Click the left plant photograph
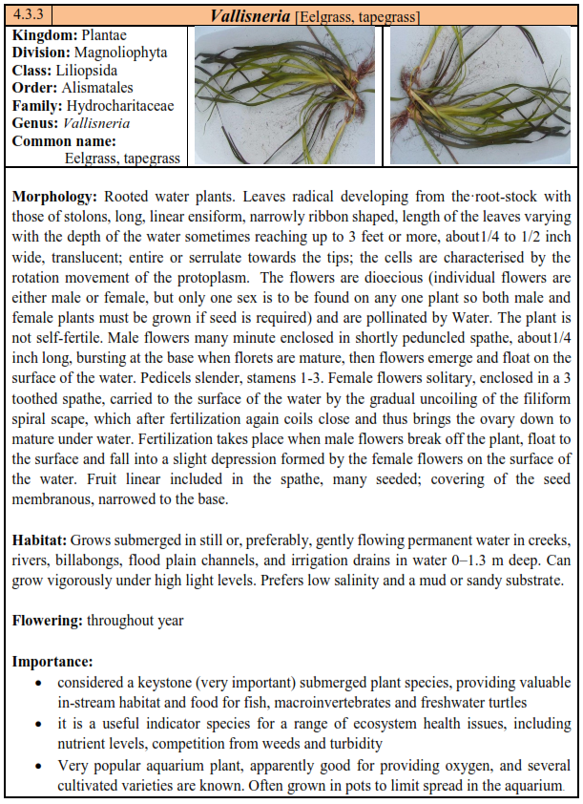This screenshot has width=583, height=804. [287, 95]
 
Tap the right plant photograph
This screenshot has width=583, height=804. [480, 95]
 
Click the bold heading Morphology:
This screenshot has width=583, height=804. [54, 197]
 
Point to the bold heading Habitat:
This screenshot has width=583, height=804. [40, 541]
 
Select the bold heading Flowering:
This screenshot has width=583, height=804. [48, 620]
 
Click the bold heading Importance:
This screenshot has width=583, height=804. [52, 661]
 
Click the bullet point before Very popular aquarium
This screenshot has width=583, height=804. [36, 766]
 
